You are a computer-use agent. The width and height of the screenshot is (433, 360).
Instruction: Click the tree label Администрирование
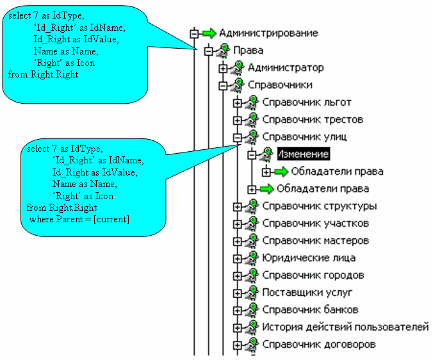click(x=268, y=33)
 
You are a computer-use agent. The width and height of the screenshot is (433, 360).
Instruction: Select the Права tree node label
click(x=247, y=50)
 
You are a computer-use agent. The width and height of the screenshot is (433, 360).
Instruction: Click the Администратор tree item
click(x=286, y=67)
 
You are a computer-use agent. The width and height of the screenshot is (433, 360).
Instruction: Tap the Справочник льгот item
click(x=307, y=102)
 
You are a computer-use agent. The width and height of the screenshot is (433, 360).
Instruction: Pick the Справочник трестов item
click(x=313, y=119)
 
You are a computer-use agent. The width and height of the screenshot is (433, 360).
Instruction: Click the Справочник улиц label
click(x=306, y=136)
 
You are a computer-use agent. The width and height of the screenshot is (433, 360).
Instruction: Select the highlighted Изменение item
click(x=303, y=154)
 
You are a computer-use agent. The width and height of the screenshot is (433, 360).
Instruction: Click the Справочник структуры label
click(x=320, y=206)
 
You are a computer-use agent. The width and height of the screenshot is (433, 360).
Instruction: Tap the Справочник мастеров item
click(x=316, y=241)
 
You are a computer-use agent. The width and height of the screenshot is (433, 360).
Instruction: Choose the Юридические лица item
click(x=309, y=258)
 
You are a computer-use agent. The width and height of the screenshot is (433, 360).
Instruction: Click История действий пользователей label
click(x=345, y=327)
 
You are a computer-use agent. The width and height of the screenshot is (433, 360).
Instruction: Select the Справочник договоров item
click(x=319, y=345)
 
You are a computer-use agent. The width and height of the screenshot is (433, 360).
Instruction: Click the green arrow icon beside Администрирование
click(x=209, y=33)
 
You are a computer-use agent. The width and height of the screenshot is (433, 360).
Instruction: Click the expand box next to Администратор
click(x=223, y=68)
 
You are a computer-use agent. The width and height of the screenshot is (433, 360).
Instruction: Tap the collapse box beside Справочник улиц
click(x=238, y=137)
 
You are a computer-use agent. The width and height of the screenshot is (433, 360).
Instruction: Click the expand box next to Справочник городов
click(x=238, y=275)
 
